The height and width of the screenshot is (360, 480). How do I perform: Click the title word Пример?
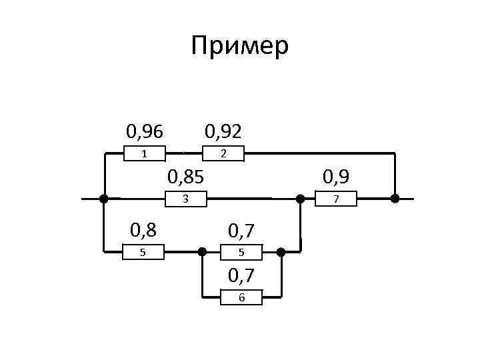coord(239,47)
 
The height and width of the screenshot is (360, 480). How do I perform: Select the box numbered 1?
coord(145,154)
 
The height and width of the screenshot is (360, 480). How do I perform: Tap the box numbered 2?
coord(224,154)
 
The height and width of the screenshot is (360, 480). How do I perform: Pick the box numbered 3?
coord(185,199)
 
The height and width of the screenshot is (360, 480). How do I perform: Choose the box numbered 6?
coord(241,297)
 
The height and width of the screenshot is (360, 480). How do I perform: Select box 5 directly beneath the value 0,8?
coord(144,252)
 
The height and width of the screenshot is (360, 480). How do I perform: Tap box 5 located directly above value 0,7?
coord(241,252)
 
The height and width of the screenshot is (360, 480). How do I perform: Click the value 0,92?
coord(223,131)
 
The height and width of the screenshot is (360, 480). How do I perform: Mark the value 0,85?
coord(185,177)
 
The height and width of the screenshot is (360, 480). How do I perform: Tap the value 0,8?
coord(144,231)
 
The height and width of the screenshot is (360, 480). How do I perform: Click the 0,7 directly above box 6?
coord(241,275)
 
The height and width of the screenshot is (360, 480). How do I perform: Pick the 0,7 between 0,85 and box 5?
coord(241,231)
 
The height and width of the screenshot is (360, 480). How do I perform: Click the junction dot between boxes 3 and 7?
coord(301,199)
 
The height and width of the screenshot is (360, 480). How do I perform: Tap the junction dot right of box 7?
coord(395,199)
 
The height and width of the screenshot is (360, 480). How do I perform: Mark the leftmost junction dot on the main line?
coord(103,199)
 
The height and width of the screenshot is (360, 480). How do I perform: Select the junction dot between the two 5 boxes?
coord(202,252)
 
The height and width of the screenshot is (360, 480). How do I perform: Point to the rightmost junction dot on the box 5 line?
coord(281,252)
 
